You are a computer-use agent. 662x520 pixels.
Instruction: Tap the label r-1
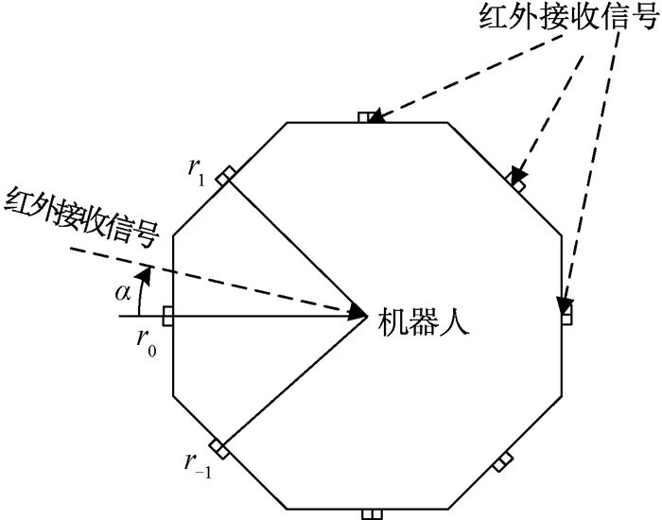(195, 462)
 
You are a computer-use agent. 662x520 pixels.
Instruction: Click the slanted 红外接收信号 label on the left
(80, 213)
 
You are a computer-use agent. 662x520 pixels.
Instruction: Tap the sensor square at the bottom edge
(370, 514)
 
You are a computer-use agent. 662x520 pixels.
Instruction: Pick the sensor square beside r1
(224, 177)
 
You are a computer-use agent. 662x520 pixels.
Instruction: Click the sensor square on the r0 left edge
(168, 316)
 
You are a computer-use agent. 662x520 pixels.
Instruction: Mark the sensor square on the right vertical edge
(566, 316)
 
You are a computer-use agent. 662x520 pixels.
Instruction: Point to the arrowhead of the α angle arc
(144, 272)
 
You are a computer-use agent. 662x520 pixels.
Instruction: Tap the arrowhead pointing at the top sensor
(375, 118)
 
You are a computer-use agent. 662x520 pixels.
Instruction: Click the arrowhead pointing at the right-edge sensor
(565, 306)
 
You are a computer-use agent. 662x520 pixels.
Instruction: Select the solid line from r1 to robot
(293, 245)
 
